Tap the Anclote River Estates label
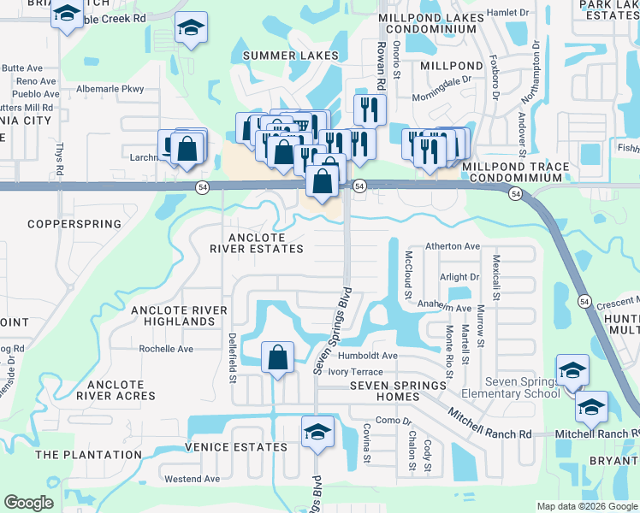click(257, 242)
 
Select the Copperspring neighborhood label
click(69, 224)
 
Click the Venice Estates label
click(236, 447)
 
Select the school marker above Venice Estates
click(317, 431)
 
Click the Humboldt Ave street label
click(368, 355)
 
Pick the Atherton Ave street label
click(453, 246)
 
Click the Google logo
click(29, 503)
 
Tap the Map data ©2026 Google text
click(585, 506)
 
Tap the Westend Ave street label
click(193, 479)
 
